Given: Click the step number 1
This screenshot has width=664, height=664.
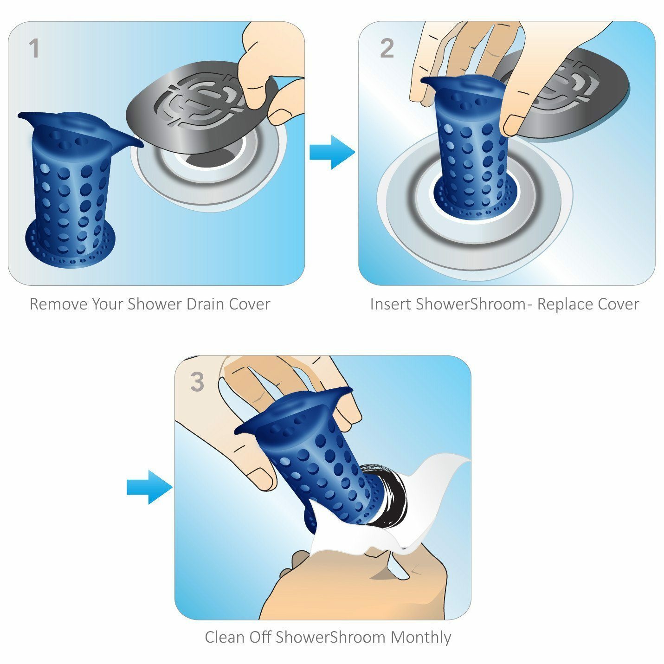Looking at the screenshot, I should [x=33, y=49].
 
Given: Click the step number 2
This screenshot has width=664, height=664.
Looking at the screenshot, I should [x=387, y=49].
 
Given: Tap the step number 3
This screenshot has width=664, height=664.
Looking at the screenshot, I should [x=197, y=382].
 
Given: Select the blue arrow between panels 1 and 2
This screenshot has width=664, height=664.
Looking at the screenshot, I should [x=332, y=152].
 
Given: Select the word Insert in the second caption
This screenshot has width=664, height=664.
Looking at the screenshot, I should [x=390, y=304].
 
